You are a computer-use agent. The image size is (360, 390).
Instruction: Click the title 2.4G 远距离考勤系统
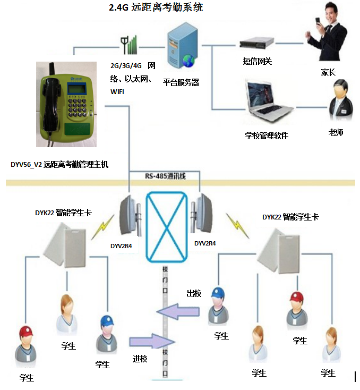[156, 7]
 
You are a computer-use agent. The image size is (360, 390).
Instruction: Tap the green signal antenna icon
[129, 45]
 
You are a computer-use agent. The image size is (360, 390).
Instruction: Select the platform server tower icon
[182, 46]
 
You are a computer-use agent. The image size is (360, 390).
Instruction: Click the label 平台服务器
[181, 82]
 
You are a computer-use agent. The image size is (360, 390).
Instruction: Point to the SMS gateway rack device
[256, 43]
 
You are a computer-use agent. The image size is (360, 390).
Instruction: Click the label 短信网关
[258, 61]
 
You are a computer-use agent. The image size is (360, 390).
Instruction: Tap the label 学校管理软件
[267, 135]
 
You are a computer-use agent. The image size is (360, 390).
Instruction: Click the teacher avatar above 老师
[340, 100]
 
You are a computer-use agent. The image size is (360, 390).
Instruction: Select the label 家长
[328, 72]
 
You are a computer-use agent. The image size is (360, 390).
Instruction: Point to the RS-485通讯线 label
[165, 176]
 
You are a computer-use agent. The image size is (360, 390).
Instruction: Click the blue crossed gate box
[166, 227]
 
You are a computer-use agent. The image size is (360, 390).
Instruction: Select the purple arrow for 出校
[178, 311]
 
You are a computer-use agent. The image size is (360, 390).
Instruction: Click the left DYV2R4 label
[121, 246]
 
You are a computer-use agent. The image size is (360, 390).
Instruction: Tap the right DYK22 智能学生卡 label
[290, 217]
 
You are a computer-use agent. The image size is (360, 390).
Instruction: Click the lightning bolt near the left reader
[102, 227]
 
